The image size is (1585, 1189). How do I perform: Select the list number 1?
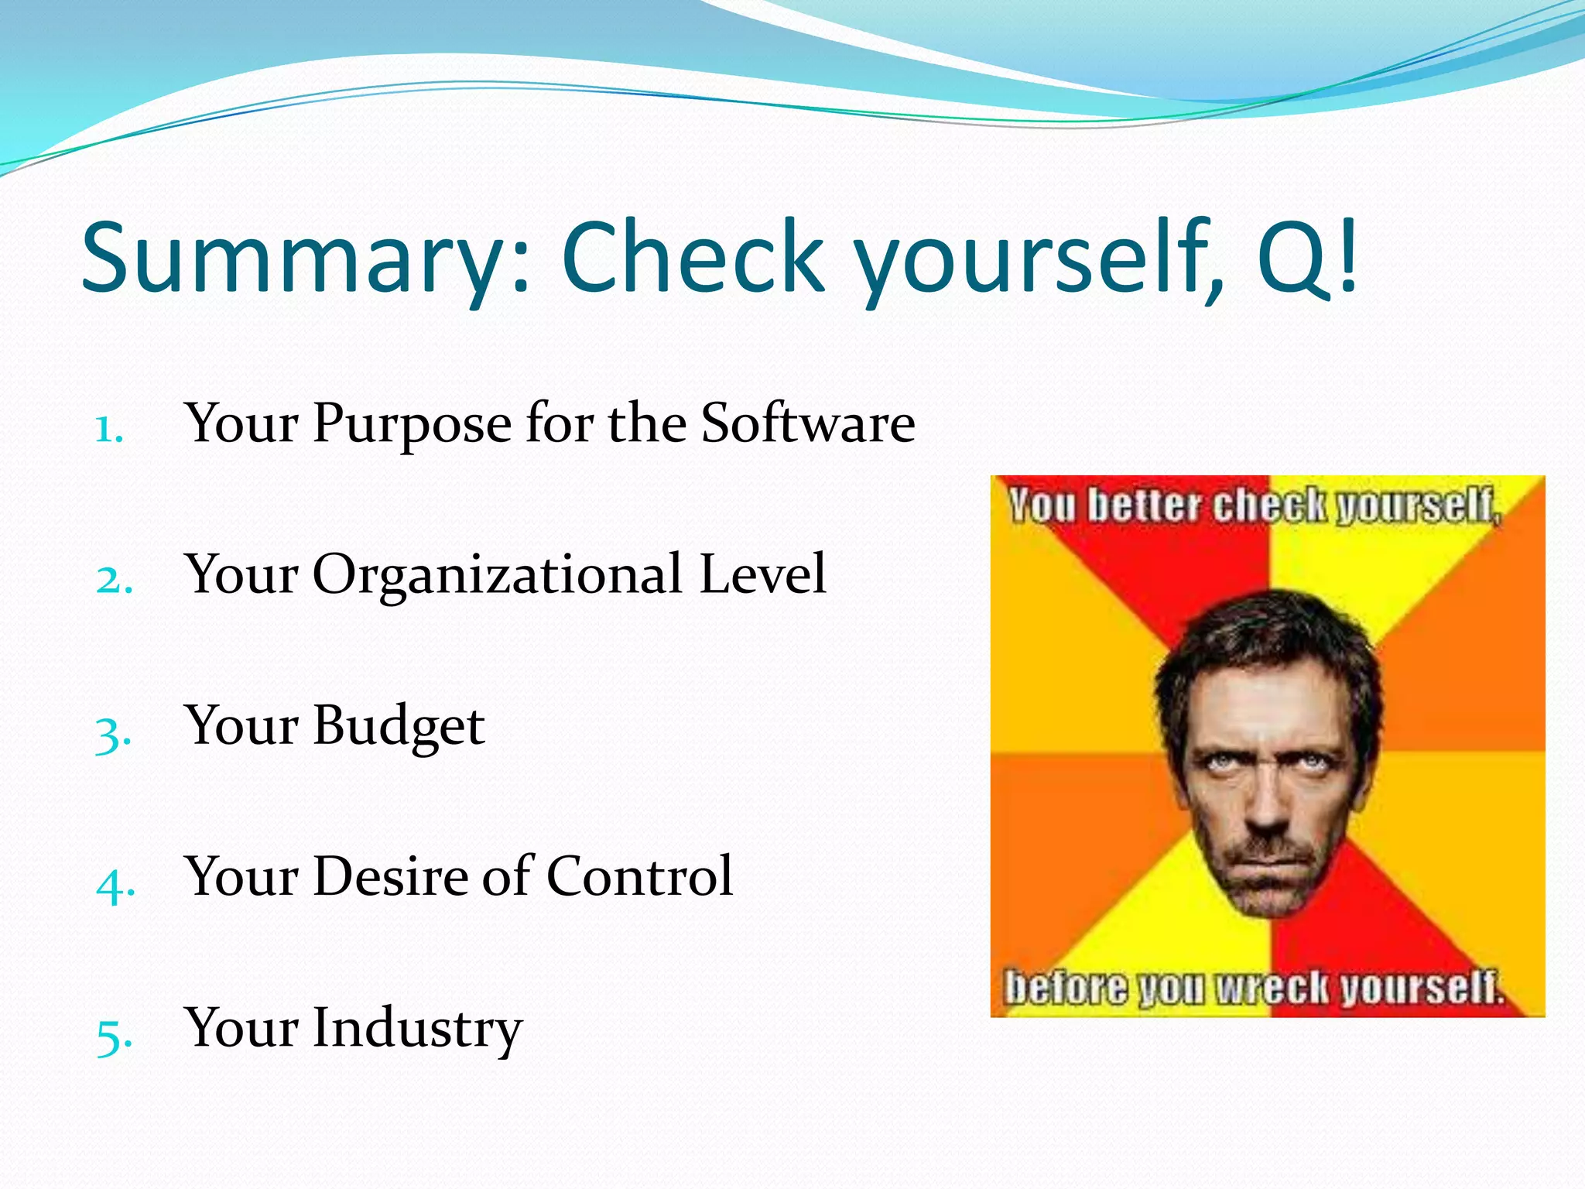tap(109, 430)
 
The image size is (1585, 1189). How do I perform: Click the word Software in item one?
tap(808, 423)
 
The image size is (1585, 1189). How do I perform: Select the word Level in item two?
tap(762, 574)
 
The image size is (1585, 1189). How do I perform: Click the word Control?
tap(639, 876)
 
